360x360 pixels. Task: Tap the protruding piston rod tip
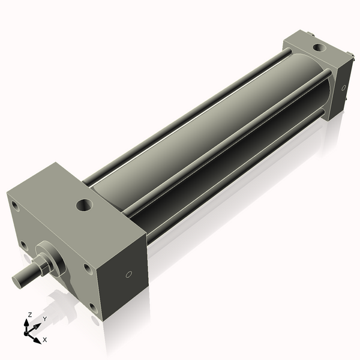point(20,280)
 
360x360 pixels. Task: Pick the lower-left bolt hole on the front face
point(23,245)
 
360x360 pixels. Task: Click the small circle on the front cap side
point(128,275)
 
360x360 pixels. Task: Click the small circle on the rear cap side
point(344,88)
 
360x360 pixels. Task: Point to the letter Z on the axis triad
point(29,314)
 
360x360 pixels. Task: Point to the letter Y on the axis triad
point(44,319)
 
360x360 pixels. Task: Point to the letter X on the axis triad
point(44,340)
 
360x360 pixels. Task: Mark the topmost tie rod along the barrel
point(186,114)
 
